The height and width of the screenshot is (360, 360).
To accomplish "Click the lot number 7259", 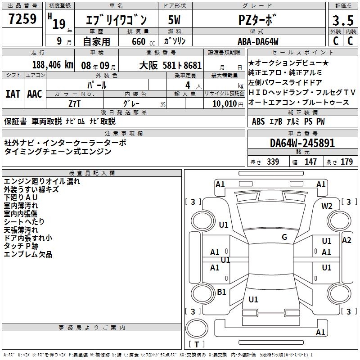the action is click(22, 19).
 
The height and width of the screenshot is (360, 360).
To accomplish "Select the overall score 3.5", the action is click(343, 21).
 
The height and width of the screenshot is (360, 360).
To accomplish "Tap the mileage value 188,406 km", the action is click(53, 65).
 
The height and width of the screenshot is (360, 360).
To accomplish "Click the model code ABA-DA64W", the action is click(258, 41).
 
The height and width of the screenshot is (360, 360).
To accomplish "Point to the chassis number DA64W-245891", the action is click(302, 143).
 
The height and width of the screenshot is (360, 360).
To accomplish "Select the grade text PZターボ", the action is click(256, 20).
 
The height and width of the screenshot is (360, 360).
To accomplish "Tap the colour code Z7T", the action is click(74, 104).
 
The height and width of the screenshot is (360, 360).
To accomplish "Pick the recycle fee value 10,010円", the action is click(228, 104).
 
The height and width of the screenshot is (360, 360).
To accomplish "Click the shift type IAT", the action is click(13, 94).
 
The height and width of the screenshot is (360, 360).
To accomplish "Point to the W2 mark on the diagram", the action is click(327, 206).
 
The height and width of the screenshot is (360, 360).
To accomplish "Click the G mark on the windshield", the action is click(284, 237).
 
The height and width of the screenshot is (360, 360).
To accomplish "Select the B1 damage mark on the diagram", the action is click(221, 292).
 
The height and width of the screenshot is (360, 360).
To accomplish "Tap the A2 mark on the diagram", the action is click(346, 240).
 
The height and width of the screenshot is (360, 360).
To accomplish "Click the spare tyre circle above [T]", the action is click(197, 328).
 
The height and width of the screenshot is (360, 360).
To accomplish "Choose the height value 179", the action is click(346, 162).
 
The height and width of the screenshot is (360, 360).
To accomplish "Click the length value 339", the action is click(273, 162).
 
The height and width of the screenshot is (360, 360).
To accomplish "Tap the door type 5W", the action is click(174, 20).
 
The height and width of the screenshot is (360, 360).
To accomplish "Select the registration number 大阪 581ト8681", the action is click(171, 66).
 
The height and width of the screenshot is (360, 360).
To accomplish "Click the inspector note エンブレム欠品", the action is click(28, 254).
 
